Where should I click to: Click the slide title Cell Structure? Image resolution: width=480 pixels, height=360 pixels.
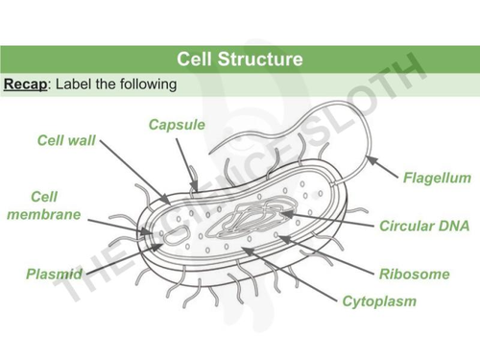(x=240, y=60)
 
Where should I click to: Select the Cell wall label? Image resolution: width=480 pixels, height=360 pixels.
(x=66, y=140)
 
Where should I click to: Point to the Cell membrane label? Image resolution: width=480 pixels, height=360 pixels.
(x=43, y=204)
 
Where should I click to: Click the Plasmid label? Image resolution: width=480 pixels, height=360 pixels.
(x=54, y=275)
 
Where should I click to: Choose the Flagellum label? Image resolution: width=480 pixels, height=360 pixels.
(x=436, y=178)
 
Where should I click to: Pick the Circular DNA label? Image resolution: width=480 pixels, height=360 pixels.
(x=424, y=227)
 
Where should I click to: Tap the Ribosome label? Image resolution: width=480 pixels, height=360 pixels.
(x=414, y=274)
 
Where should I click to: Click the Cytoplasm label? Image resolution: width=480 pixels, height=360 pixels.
(x=379, y=301)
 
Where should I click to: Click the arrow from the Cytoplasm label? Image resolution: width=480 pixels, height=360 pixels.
(x=288, y=274)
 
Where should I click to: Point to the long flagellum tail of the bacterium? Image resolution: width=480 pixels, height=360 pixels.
(x=288, y=125)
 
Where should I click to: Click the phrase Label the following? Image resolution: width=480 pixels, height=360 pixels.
(x=117, y=85)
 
